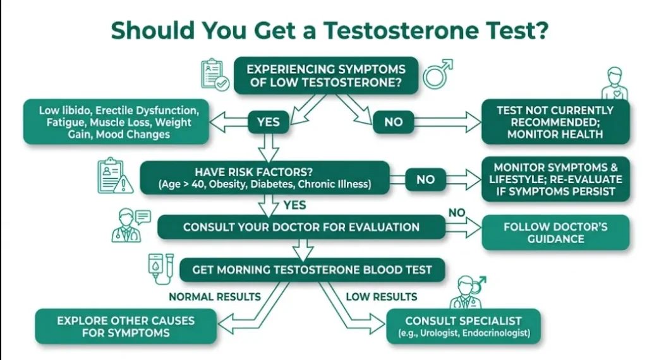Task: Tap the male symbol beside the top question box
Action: pyautogui.click(x=437, y=73)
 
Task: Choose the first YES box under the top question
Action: pyautogui.click(x=268, y=122)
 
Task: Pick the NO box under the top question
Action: pyautogui.click(x=393, y=122)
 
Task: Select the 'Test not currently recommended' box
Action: pyautogui.click(x=555, y=122)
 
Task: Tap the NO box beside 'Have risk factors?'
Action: pyautogui.click(x=425, y=179)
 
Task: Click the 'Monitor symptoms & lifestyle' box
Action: pyautogui.click(x=555, y=179)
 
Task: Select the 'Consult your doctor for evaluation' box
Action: pyautogui.click(x=301, y=227)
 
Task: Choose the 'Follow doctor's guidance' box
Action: pyautogui.click(x=555, y=232)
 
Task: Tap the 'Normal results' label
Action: pyautogui.click(x=214, y=296)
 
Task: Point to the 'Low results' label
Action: pyautogui.click(x=382, y=296)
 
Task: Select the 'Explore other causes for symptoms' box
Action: pyautogui.click(x=126, y=326)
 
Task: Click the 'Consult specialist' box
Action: pyautogui.click(x=463, y=326)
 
